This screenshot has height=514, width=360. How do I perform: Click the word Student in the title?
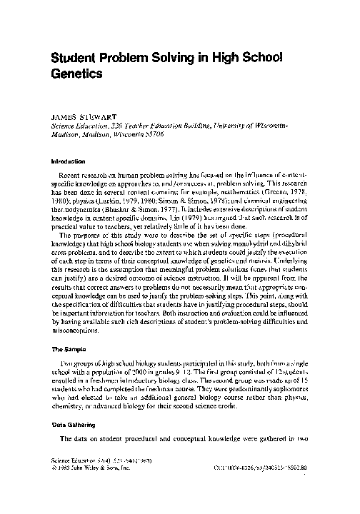[77, 59]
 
